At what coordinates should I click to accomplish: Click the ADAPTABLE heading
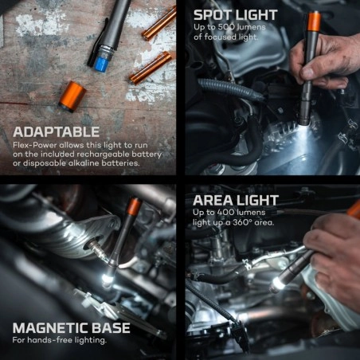56,132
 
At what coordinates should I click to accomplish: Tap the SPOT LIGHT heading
236,15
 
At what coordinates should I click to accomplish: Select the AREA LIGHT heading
236,201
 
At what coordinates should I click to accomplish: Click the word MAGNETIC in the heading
49,328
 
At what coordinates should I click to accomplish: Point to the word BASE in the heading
110,328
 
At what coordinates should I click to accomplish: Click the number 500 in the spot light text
225,27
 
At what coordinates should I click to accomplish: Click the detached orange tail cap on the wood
72,96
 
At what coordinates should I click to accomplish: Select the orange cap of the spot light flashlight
313,20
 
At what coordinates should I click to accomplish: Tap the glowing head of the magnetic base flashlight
107,280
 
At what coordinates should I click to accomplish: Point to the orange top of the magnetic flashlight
134,206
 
